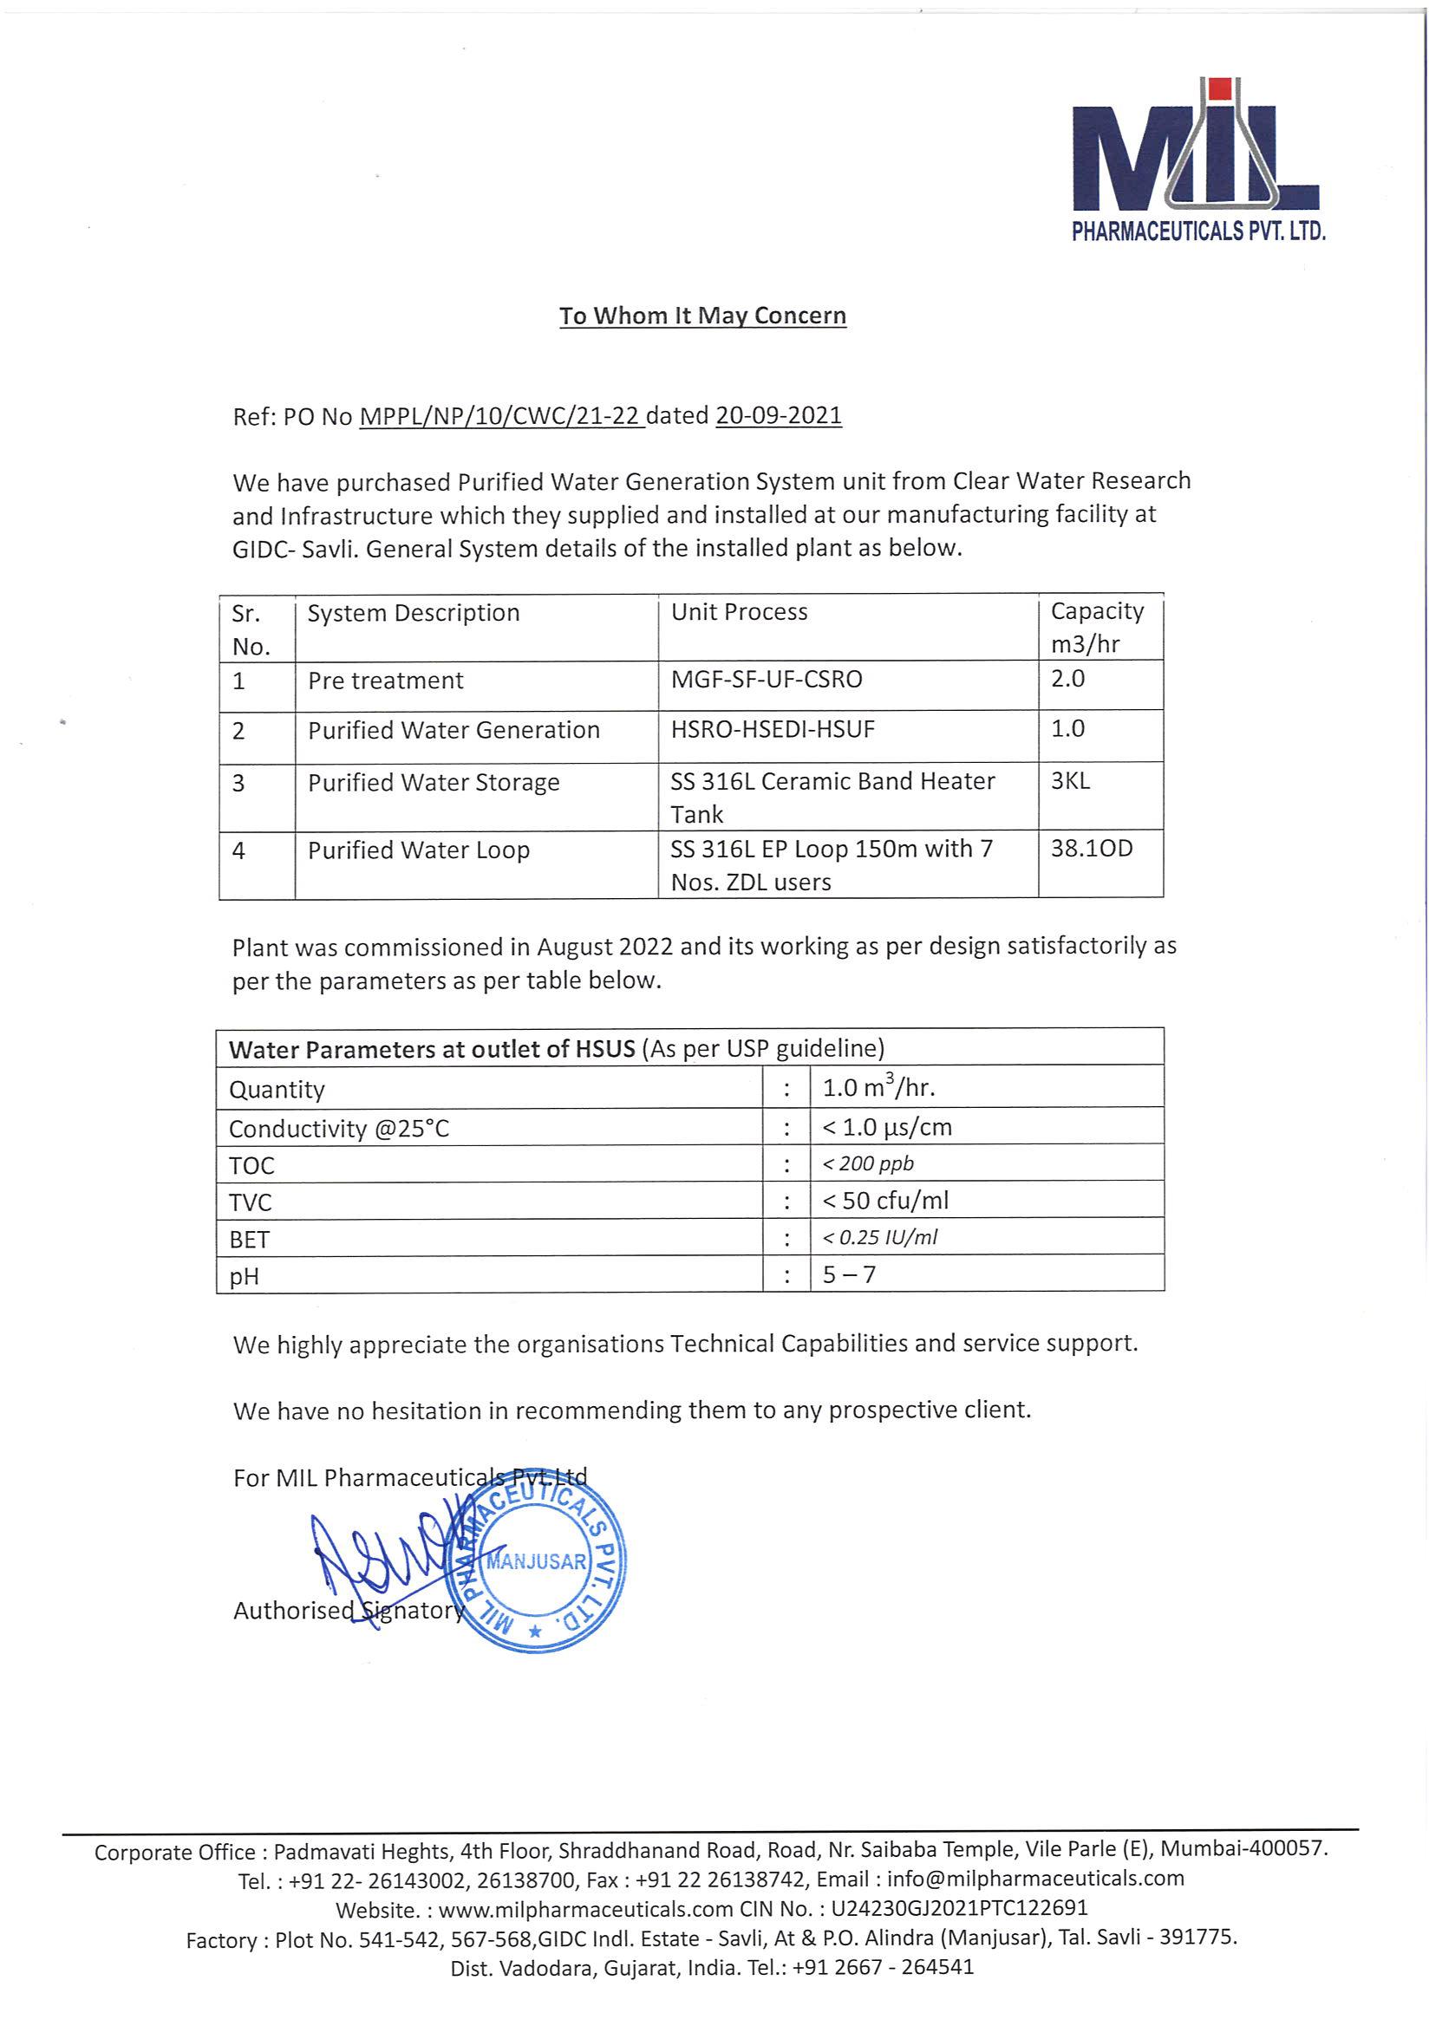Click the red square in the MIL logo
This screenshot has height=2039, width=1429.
pyautogui.click(x=1221, y=88)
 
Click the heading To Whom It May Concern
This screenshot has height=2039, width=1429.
pyautogui.click(x=701, y=316)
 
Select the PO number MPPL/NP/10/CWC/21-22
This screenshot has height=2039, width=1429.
pyautogui.click(x=501, y=415)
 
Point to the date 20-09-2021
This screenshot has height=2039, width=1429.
pyautogui.click(x=778, y=415)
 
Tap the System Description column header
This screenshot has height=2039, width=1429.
pyautogui.click(x=413, y=613)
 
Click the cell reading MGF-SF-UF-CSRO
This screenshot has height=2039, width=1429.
pyautogui.click(x=767, y=680)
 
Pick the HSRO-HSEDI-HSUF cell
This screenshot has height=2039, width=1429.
pyautogui.click(x=773, y=730)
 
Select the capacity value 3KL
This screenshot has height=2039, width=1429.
pyautogui.click(x=1070, y=780)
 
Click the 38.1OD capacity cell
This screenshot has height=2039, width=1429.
pyautogui.click(x=1092, y=848)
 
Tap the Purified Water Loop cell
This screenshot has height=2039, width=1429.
pyautogui.click(x=418, y=850)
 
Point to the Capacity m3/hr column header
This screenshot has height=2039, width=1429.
pyautogui.click(x=1097, y=627)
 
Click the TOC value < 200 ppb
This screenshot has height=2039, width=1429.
pyautogui.click(x=868, y=1163)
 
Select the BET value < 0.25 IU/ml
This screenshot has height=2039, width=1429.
pyautogui.click(x=879, y=1237)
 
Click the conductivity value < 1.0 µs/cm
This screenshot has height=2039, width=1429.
pyautogui.click(x=886, y=1127)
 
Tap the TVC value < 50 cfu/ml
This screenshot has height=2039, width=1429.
pyautogui.click(x=884, y=1201)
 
